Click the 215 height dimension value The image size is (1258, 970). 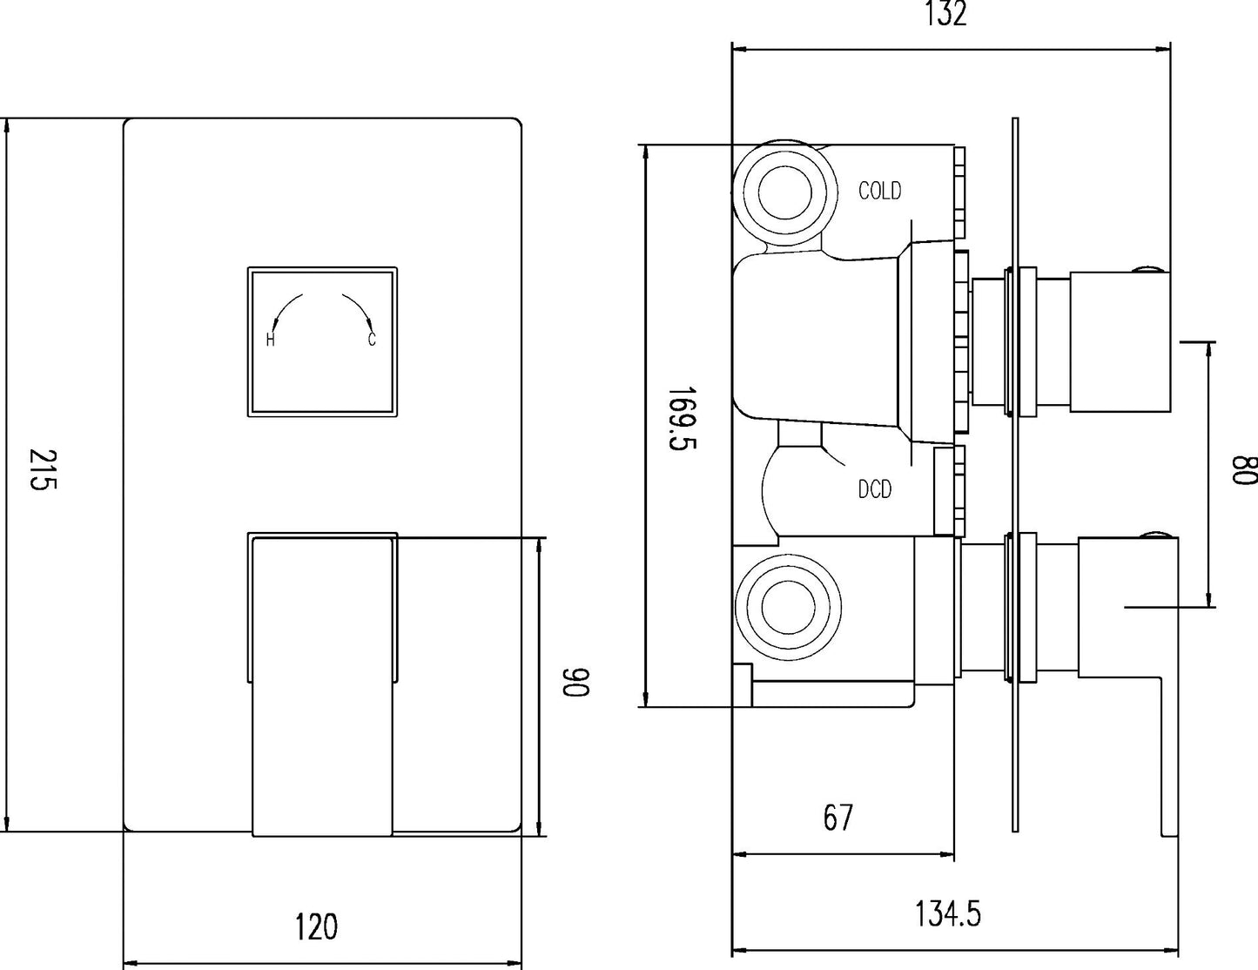tap(42, 470)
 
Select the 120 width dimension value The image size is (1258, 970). tap(316, 926)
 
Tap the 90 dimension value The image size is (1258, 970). tap(576, 682)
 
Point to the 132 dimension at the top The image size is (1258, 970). tap(945, 15)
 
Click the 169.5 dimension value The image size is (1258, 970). tap(681, 420)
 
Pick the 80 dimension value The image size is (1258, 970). tap(1242, 470)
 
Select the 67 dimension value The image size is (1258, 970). tap(838, 817)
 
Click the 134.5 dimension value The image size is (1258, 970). tap(947, 914)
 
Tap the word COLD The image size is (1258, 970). tap(879, 191)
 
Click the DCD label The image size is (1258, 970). tap(875, 490)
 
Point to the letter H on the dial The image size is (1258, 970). tap(271, 340)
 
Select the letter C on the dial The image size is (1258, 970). tap(372, 340)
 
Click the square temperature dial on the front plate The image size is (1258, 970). tap(322, 340)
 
